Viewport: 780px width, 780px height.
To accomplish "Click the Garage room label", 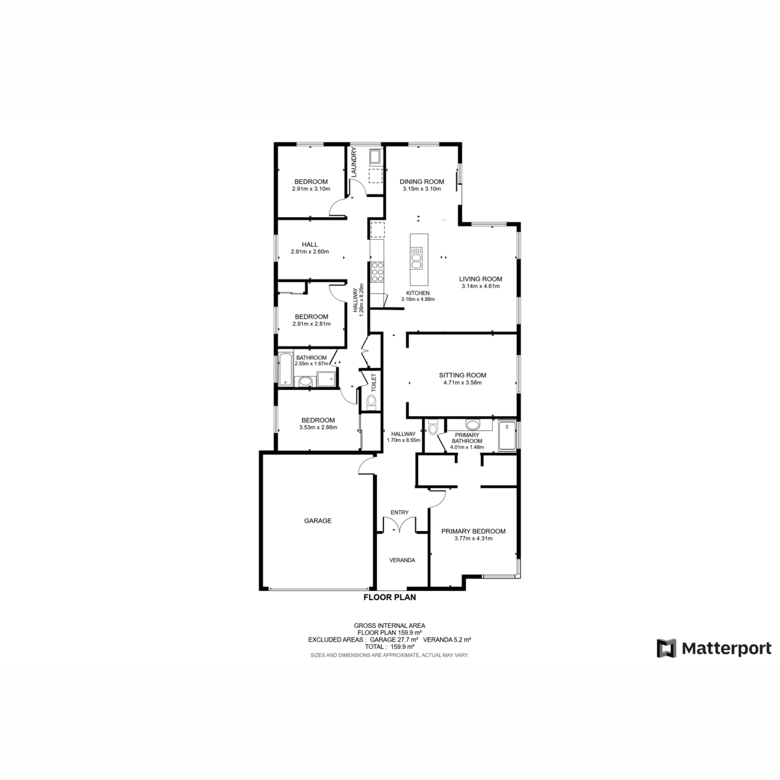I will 318,521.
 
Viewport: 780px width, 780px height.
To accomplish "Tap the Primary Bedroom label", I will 473,531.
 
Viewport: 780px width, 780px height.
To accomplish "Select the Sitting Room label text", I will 462,375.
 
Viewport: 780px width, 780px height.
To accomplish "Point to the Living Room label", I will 480,279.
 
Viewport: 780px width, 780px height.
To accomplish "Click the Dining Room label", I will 421,181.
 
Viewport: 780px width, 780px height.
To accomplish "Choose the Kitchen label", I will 418,292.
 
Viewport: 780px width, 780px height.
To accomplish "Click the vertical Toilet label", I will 374,382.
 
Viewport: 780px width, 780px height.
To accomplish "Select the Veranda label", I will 402,560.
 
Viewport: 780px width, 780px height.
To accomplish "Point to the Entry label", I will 399,513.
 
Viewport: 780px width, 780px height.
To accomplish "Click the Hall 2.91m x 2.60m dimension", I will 310,252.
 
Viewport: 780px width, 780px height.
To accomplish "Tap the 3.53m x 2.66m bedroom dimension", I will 318,428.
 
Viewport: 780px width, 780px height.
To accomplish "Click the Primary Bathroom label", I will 467,438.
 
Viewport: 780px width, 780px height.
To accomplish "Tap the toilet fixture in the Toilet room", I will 370,402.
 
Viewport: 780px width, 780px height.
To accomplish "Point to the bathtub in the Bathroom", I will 284,369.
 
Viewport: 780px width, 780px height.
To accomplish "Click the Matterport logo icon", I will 666,648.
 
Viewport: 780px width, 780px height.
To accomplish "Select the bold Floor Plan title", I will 389,597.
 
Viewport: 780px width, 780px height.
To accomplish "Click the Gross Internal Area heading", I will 389,625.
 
